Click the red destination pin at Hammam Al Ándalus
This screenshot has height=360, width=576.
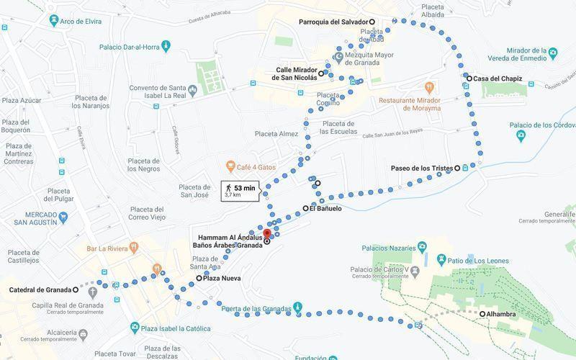tap(266, 233)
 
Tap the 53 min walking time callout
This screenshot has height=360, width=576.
tap(240, 190)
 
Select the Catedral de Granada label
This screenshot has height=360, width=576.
tap(39, 289)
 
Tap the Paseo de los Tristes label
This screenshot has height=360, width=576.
tap(421, 168)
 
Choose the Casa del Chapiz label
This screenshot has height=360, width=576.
tap(498, 78)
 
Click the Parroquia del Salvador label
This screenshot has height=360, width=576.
tap(333, 22)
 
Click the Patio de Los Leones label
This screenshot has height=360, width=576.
tap(481, 258)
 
